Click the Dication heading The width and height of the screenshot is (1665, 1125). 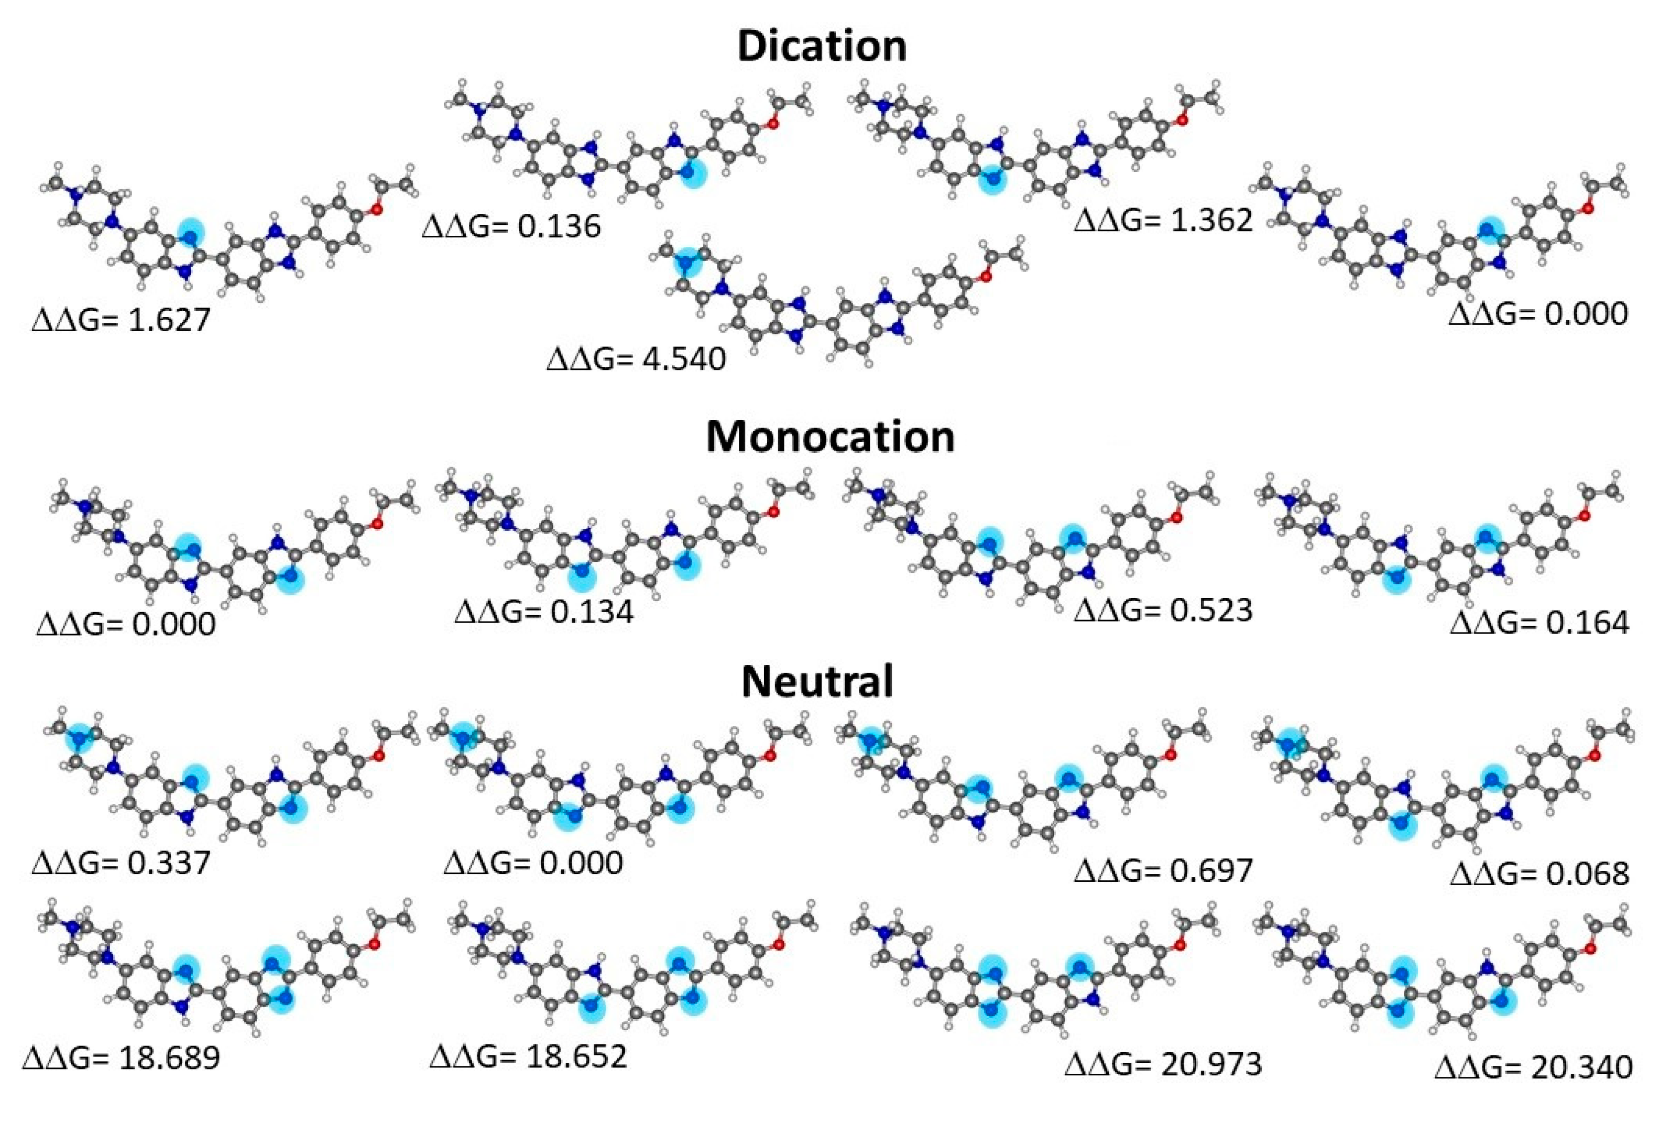822,47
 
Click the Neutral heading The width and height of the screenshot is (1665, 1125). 817,681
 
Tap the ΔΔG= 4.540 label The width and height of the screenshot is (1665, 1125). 636,358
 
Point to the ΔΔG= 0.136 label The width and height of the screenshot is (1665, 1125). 511,226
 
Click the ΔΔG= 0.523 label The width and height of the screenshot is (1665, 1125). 1163,609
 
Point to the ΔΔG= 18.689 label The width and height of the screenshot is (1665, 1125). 121,1057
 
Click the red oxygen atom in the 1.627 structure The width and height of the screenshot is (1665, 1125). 375,210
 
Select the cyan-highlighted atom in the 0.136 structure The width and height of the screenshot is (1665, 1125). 692,175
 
